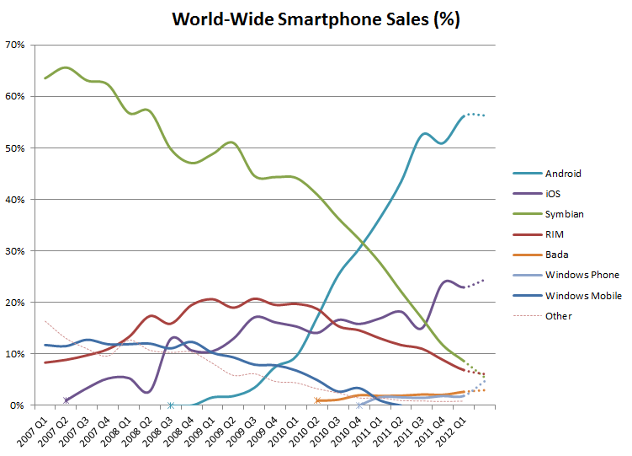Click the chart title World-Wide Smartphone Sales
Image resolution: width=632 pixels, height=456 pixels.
tap(316, 19)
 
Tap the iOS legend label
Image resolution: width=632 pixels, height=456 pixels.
tap(553, 194)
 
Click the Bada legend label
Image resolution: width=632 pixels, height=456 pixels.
tap(556, 255)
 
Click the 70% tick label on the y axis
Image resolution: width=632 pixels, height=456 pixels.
tap(15, 45)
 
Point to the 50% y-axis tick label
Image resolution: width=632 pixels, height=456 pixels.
tap(15, 148)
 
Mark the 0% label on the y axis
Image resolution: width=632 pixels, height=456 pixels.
tap(17, 405)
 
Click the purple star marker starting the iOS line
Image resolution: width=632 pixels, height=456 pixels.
tap(66, 400)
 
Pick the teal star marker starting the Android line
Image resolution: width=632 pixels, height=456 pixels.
tap(171, 405)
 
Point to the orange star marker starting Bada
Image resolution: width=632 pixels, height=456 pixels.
tap(317, 400)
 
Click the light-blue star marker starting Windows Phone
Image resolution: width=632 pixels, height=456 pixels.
tap(359, 405)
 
